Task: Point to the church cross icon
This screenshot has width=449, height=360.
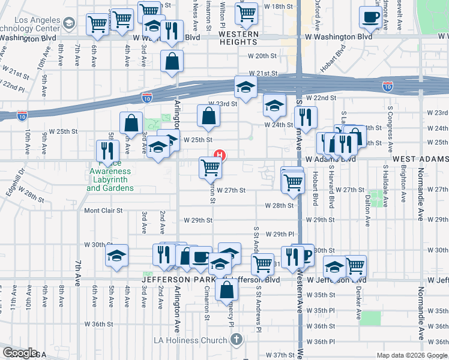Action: click(x=237, y=340)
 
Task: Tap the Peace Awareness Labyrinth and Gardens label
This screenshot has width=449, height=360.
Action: click(x=110, y=179)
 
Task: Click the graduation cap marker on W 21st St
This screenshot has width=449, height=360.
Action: click(x=246, y=88)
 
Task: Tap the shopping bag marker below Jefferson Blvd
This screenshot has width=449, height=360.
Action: click(x=226, y=289)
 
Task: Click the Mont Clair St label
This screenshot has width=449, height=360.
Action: click(x=103, y=211)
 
